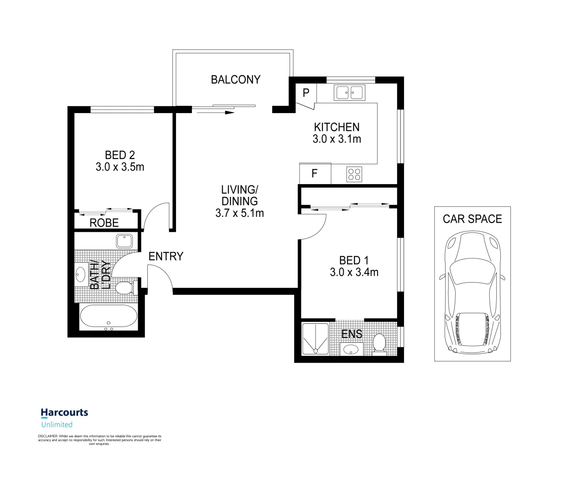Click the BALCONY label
point(236,80)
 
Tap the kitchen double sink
point(349,93)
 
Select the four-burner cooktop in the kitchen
point(354,174)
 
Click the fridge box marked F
point(315,174)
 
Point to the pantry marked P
point(306,93)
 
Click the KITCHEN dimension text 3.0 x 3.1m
point(337,139)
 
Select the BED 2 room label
point(120,155)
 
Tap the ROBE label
point(104,223)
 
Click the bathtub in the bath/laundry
point(109,317)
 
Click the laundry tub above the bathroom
point(124,241)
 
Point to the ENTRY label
point(165,257)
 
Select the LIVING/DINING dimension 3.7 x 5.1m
point(240,213)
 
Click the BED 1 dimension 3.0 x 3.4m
point(354,273)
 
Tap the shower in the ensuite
point(315,339)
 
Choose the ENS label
point(352,334)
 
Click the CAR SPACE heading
point(472,219)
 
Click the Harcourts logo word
point(64,413)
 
